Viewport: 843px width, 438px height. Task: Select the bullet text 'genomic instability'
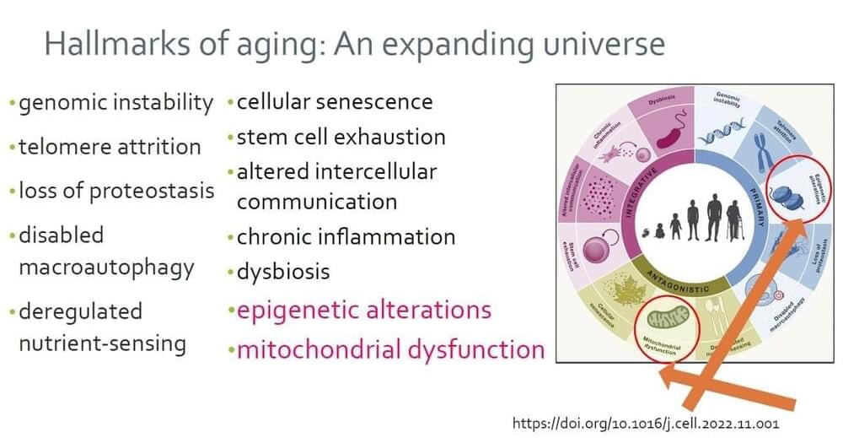pos(115,103)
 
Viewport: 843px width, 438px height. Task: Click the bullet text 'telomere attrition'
pos(110,147)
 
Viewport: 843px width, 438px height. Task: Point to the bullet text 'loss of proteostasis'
pos(115,191)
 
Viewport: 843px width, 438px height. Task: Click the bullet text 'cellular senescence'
pos(335,102)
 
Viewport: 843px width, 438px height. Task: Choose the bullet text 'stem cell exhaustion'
pos(341,137)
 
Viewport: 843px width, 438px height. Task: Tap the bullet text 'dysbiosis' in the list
pos(283,272)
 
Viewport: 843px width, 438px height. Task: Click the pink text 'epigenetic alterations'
pos(363,309)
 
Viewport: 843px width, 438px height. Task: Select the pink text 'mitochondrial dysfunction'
pos(390,349)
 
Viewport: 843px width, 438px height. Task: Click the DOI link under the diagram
pos(646,422)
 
